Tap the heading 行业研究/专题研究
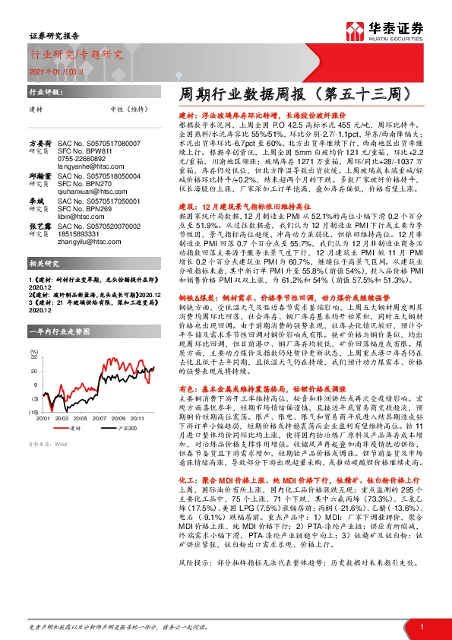[x=76, y=54]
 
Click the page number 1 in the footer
[x=421, y=626]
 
